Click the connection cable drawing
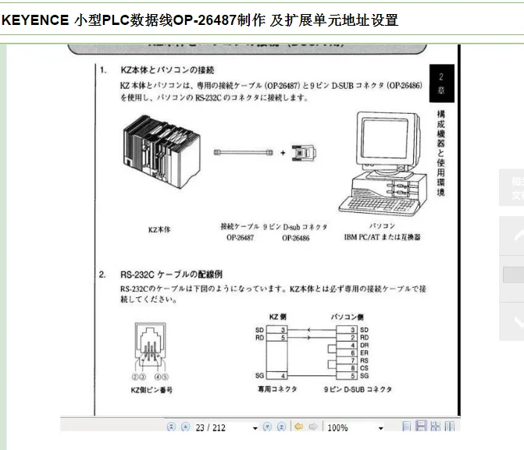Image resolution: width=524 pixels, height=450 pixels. click(243, 154)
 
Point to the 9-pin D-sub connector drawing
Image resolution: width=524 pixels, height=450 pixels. click(305, 154)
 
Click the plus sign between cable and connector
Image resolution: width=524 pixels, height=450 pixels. click(283, 154)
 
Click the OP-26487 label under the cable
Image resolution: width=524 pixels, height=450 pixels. click(240, 238)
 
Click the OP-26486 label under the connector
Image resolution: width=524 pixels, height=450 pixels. click(295, 238)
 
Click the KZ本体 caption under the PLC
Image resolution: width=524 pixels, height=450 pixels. click(159, 230)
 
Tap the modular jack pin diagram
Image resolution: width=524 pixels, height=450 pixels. click(145, 342)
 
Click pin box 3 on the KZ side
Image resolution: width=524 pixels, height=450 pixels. click(284, 330)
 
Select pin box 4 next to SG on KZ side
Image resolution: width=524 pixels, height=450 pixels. click(284, 376)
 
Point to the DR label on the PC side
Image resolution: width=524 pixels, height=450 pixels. click(364, 345)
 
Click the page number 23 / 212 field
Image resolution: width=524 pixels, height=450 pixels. click(211, 427)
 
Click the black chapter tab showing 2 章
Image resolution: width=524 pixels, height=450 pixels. click(441, 83)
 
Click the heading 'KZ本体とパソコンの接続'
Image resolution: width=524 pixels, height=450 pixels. click(168, 70)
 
